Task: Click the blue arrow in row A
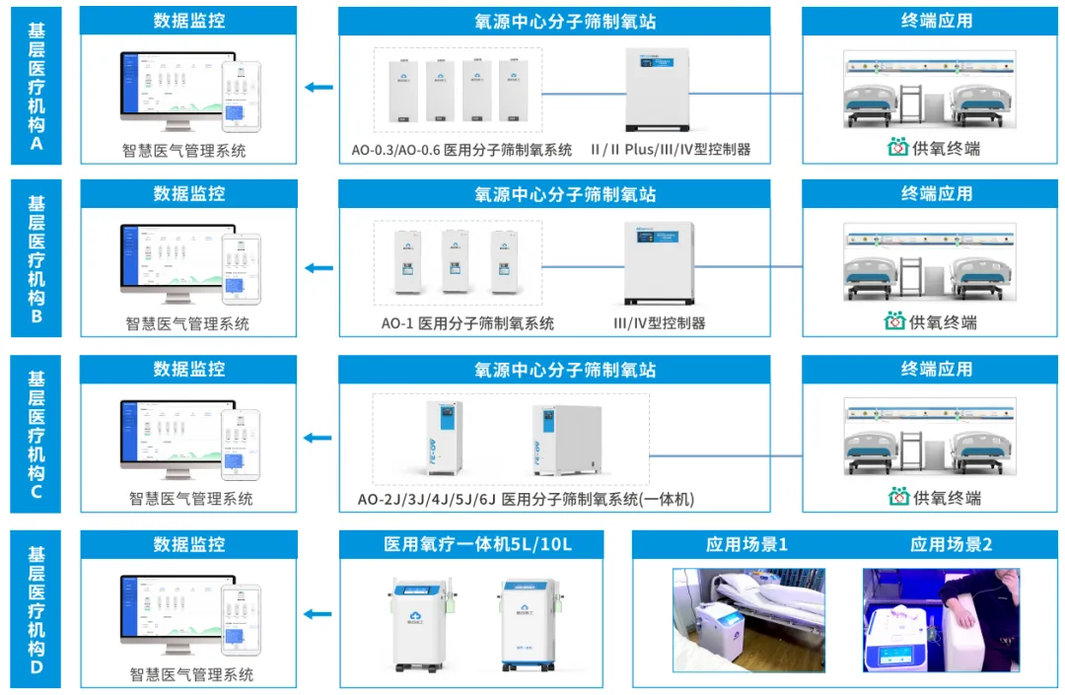pos(319,88)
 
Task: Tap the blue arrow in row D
pos(319,614)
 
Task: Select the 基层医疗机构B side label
pos(36,258)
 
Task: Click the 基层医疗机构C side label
pos(36,434)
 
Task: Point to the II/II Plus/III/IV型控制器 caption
pos(671,150)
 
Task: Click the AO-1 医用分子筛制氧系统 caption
pos(467,323)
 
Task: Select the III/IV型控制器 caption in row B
pos(660,323)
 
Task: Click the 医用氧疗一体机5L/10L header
pos(477,544)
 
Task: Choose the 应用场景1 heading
pos(746,544)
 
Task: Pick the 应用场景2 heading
pos(951,544)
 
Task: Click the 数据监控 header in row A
pos(188,21)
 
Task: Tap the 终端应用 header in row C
pos(936,370)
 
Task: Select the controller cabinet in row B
pos(659,263)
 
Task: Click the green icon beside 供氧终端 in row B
pos(894,322)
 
